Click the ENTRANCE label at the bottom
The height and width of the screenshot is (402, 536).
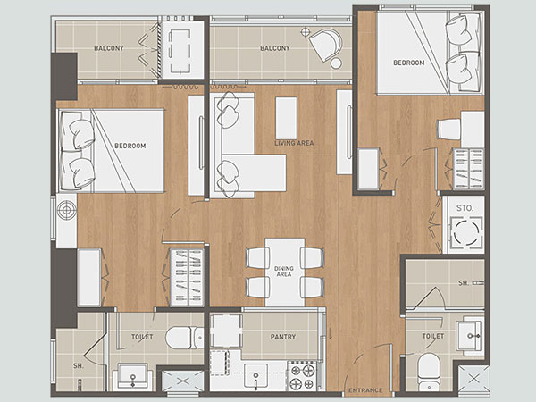[x=365, y=390]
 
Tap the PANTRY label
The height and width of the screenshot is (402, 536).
[x=282, y=337]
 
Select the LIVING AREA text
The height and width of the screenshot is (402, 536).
[x=294, y=143]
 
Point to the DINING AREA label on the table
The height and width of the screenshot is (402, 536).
[x=284, y=272]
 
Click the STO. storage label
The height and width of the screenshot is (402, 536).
[x=465, y=208]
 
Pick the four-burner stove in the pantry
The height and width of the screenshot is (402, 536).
[x=303, y=376]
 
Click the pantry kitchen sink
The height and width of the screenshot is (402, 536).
[x=255, y=376]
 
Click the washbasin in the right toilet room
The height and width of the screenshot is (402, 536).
[x=470, y=334]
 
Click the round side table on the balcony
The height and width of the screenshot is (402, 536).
[x=336, y=63]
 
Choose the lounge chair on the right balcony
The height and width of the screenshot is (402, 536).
[x=325, y=45]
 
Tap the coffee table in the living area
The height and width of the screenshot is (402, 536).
[x=286, y=118]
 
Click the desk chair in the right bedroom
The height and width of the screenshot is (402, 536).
[x=448, y=129]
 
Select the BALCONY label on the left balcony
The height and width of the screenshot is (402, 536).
[x=109, y=48]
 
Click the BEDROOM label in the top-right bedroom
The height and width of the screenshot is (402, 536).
[x=409, y=63]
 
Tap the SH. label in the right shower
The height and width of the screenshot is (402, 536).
[x=463, y=282]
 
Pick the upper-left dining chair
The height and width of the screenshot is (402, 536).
[x=257, y=258]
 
